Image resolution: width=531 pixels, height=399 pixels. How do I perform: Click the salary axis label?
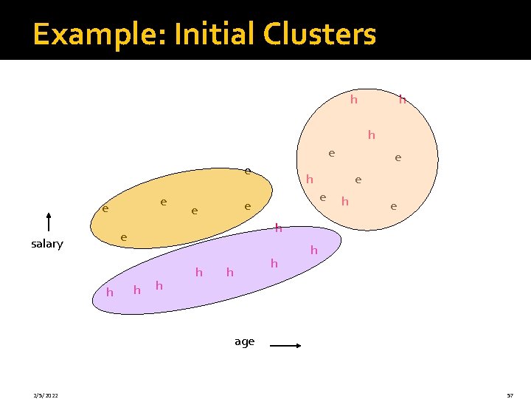coord(47,244)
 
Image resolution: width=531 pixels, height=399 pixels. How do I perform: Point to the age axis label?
coord(244,341)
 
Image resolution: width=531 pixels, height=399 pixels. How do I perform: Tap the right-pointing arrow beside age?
coord(284,344)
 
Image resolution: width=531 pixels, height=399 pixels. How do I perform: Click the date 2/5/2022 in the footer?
coord(46,395)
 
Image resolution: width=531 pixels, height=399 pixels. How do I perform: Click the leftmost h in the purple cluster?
coord(110,293)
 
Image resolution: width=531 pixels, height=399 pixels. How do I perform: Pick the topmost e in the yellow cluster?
coord(249,171)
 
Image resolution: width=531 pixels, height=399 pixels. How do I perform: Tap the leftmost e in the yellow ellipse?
coord(105,209)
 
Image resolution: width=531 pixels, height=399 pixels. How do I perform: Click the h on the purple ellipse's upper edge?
coord(279,228)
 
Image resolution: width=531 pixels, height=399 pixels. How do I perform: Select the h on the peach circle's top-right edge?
coord(403,99)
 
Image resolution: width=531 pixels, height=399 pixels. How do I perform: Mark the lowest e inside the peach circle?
coord(394,207)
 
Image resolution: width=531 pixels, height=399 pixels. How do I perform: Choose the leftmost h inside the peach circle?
coord(310,179)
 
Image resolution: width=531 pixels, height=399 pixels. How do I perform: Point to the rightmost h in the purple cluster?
coord(313,250)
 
